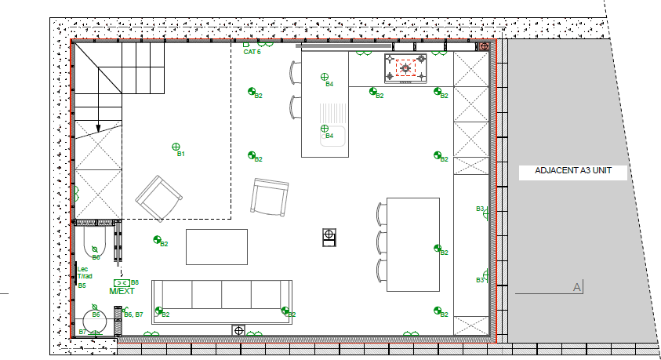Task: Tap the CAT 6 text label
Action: point(252,52)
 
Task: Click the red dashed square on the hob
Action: point(405,68)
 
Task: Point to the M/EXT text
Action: point(122,292)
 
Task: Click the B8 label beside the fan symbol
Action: point(135,282)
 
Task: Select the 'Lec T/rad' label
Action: point(84,273)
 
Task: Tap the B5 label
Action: point(82,286)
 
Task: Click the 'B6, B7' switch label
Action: point(133,315)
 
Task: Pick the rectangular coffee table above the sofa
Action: point(216,246)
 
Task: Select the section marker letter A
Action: point(577,288)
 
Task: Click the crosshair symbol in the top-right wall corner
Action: point(485,46)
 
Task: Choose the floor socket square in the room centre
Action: point(329,234)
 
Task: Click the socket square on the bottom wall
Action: point(238,330)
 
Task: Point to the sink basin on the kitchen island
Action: point(335,137)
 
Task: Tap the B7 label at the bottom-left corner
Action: point(82,333)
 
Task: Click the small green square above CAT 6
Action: point(245,44)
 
